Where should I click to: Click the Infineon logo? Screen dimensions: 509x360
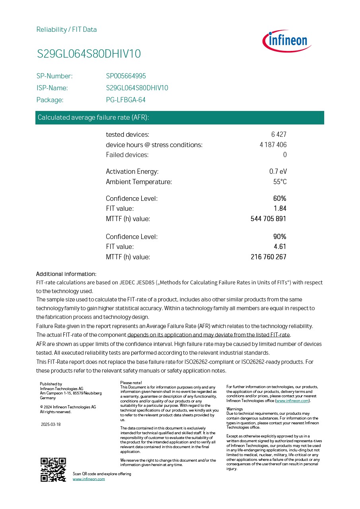(x=287, y=41)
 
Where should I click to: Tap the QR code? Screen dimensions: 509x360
(x=53, y=470)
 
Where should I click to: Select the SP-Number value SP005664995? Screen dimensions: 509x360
(x=126, y=76)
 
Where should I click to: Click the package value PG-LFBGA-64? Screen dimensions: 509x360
(x=126, y=100)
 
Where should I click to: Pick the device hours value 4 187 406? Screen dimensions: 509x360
(x=273, y=145)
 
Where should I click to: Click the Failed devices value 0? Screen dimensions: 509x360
(x=285, y=155)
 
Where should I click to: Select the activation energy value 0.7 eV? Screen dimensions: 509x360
(x=278, y=172)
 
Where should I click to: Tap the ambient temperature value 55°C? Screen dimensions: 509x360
(x=280, y=182)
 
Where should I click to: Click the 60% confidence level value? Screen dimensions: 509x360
(x=280, y=198)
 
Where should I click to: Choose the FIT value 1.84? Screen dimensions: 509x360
(x=280, y=208)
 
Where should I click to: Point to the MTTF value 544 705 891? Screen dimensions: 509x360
(x=268, y=219)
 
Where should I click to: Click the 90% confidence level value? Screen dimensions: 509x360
(x=280, y=237)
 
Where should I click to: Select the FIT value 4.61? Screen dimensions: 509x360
(x=280, y=247)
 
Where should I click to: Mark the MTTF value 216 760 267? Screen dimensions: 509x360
(x=268, y=257)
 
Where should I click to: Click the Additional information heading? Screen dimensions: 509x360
(x=66, y=274)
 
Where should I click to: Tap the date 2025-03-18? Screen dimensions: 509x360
(x=51, y=424)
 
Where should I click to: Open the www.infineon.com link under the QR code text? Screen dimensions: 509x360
(x=89, y=479)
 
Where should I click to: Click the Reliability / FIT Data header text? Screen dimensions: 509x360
(x=66, y=29)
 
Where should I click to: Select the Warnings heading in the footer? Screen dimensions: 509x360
(x=234, y=409)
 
